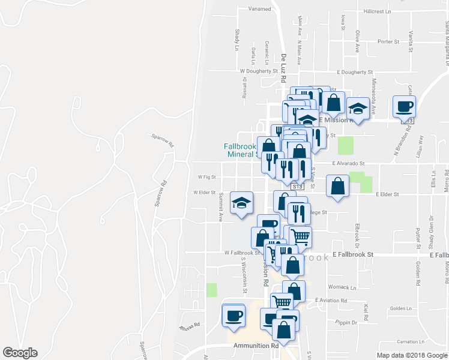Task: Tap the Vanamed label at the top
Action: coord(259,9)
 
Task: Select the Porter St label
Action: coord(388,41)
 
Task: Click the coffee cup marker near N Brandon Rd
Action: coord(403,106)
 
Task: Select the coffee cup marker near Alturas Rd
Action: coord(234,314)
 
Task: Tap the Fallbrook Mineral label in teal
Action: coord(241,150)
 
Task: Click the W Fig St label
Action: coord(206,177)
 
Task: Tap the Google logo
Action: coord(20,353)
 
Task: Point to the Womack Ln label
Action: coord(342,287)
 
